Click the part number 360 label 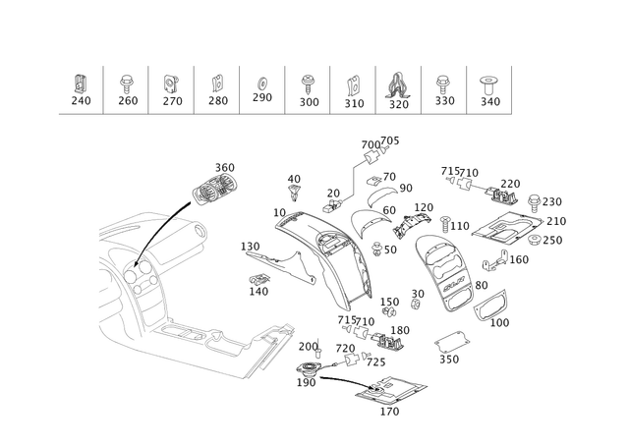tap(225, 168)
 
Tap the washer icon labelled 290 tap(262, 83)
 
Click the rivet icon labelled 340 tap(488, 85)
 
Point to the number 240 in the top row tap(81, 100)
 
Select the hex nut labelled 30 tap(416, 305)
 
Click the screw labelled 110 tap(445, 225)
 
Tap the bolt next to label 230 tap(534, 203)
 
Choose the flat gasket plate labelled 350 tap(452, 342)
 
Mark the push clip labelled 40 tap(295, 193)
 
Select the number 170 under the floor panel tap(389, 412)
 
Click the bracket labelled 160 tap(495, 261)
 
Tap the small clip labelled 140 tap(259, 279)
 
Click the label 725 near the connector tap(375, 362)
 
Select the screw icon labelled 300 tap(308, 84)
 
